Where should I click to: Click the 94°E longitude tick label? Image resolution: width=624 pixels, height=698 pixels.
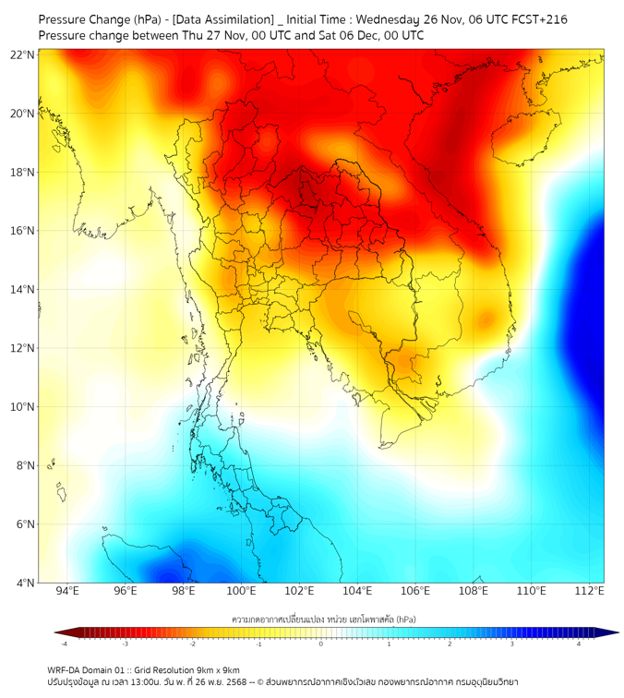67,592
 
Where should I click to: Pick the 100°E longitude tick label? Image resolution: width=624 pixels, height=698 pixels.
241,592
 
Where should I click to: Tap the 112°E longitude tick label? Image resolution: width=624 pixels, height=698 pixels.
589,592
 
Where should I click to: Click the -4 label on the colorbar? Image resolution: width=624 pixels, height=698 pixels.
64,644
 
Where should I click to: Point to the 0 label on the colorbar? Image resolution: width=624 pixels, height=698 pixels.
322,644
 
